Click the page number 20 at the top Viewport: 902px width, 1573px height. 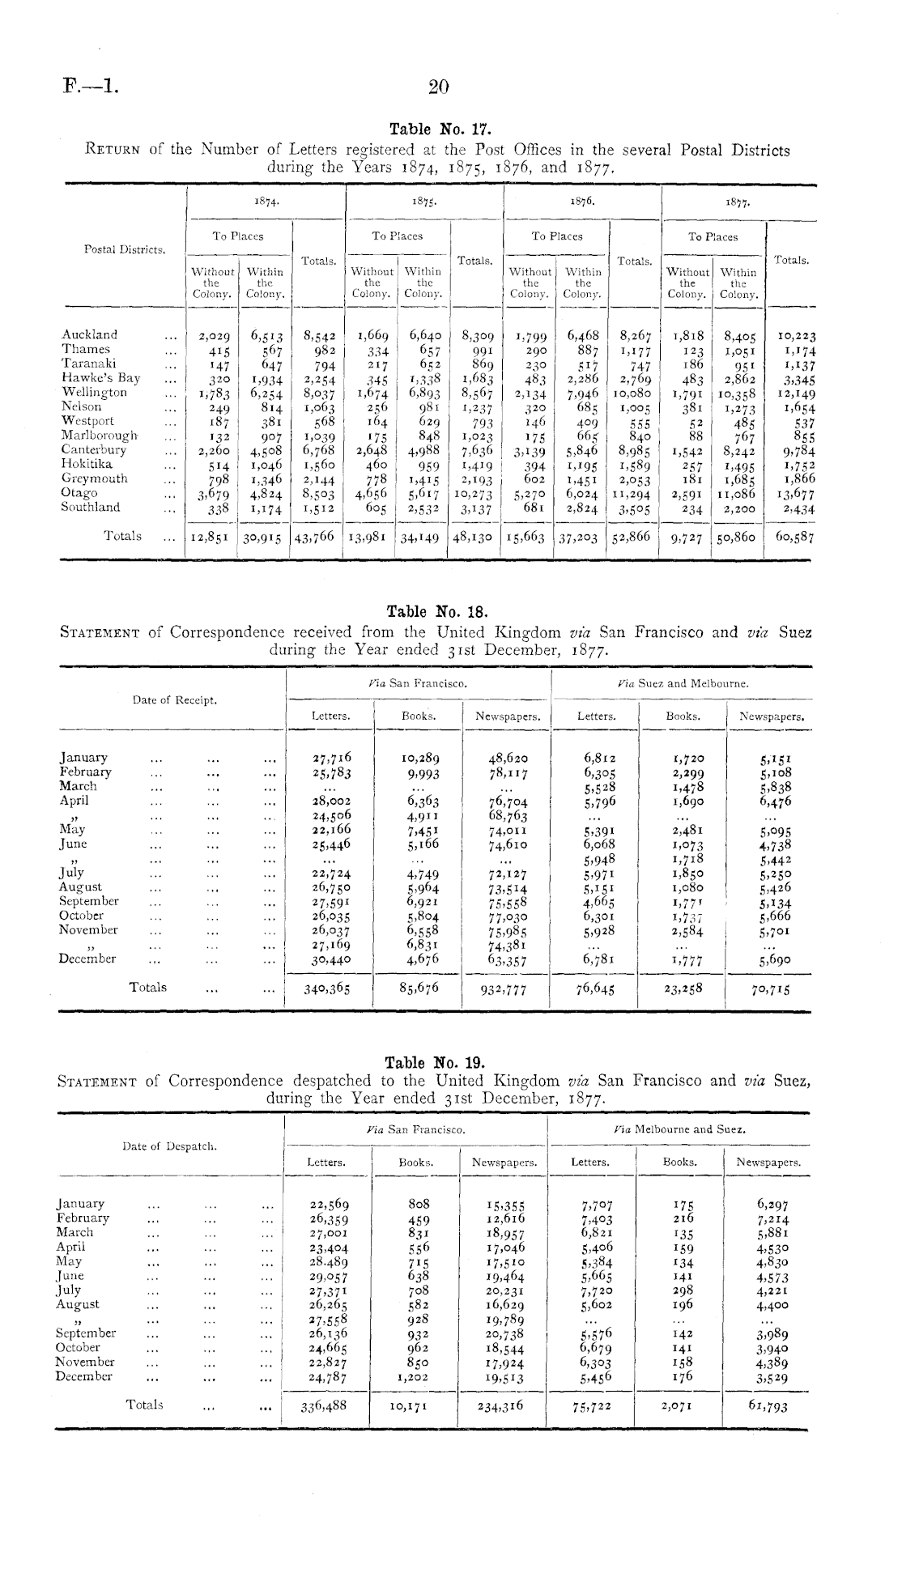[438, 87]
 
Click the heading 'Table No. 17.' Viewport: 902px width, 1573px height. [440, 130]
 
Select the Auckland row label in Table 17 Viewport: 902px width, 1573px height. [89, 334]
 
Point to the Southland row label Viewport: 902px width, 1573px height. [91, 508]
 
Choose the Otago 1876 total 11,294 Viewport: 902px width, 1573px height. [631, 493]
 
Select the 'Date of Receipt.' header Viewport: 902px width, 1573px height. [175, 700]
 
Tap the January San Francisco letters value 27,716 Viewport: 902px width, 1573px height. [332, 759]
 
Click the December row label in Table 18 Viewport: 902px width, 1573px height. [87, 959]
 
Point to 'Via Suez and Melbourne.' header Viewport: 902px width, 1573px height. [682, 683]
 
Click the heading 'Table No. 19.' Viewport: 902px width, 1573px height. [434, 1061]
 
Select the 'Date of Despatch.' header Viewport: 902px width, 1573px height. [169, 1146]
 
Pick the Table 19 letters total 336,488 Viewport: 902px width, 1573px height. [324, 1406]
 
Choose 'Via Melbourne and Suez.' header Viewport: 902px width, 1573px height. [679, 1129]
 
